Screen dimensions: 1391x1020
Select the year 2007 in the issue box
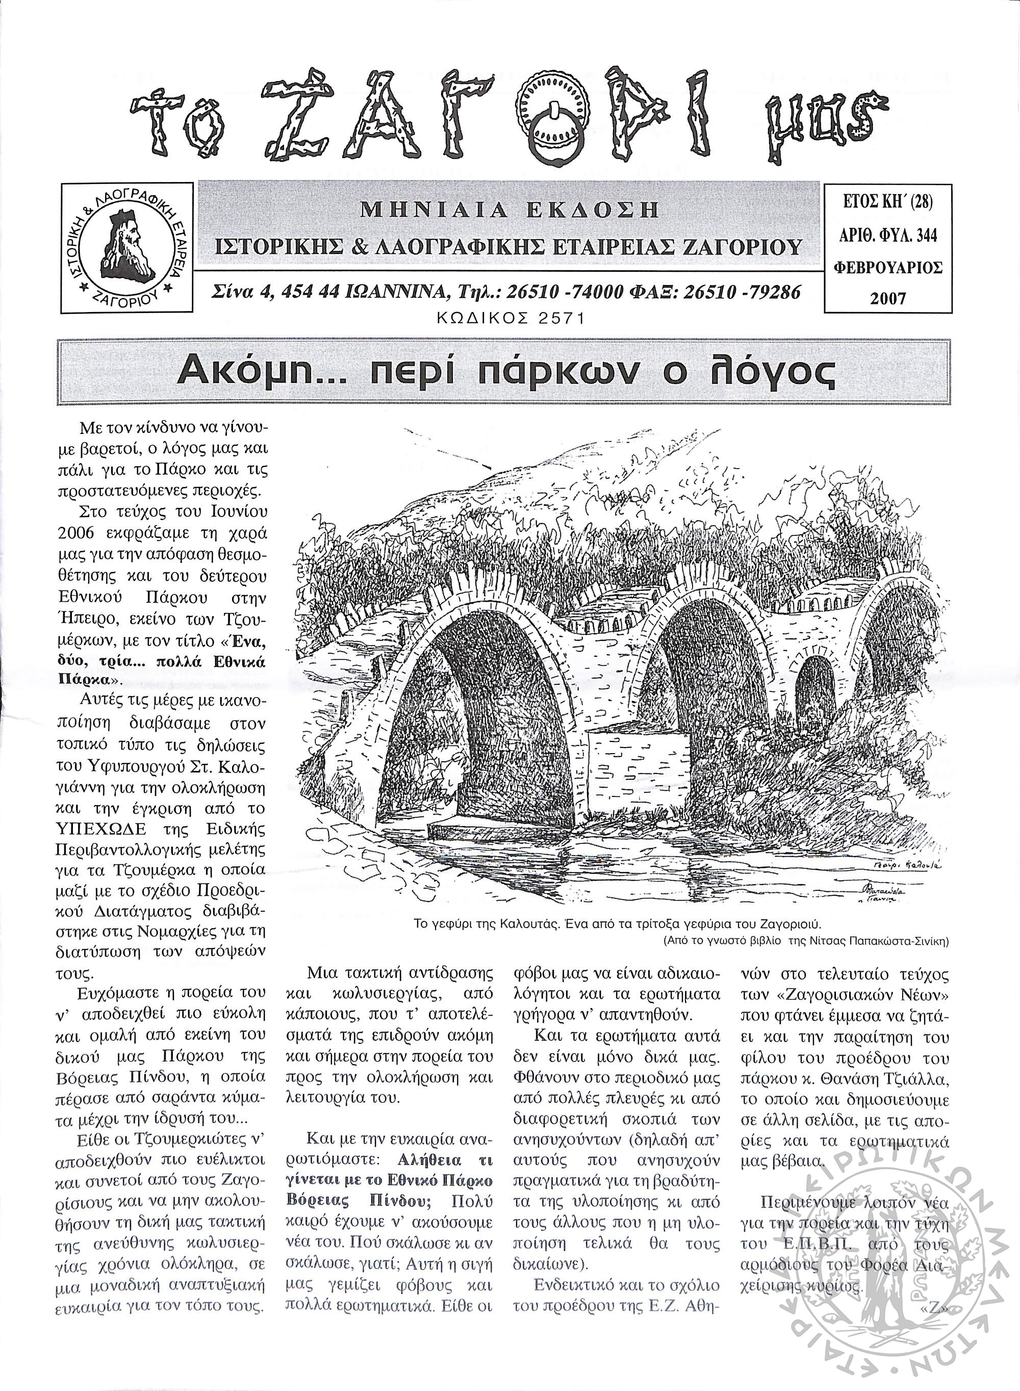click(x=888, y=299)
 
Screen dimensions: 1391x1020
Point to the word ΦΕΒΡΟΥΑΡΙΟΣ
click(x=888, y=268)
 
